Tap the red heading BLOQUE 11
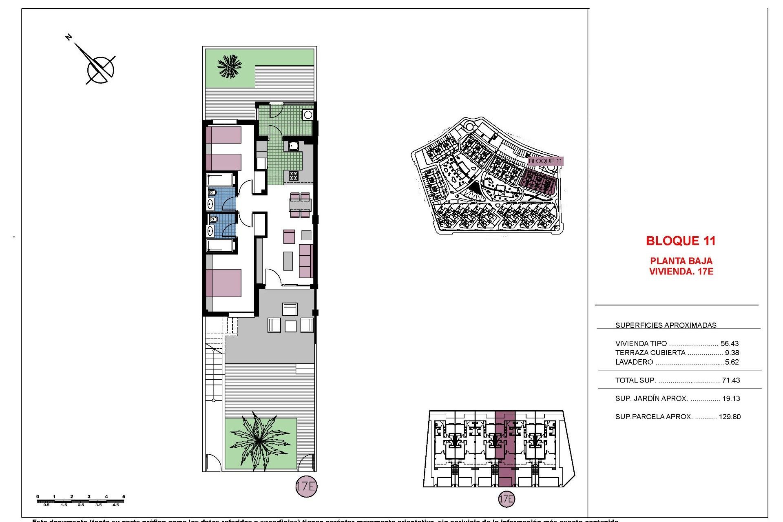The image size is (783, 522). pyautogui.click(x=681, y=241)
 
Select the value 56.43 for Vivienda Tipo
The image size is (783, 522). pyautogui.click(x=730, y=343)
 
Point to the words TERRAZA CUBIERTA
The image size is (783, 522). pyautogui.click(x=650, y=353)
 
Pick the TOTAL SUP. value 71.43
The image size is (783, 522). pyautogui.click(x=731, y=380)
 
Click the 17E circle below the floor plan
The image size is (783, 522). pyautogui.click(x=306, y=486)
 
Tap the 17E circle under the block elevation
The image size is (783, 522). pyautogui.click(x=506, y=499)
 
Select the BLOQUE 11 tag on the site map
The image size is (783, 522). pyautogui.click(x=545, y=161)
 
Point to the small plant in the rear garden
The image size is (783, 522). pyautogui.click(x=230, y=66)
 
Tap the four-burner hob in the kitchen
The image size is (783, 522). pyautogui.click(x=293, y=176)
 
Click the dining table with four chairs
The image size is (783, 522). pyautogui.click(x=300, y=205)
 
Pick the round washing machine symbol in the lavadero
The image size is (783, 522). pyautogui.click(x=308, y=115)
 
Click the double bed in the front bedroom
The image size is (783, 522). pyautogui.click(x=223, y=283)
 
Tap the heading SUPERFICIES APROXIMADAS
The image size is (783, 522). pyautogui.click(x=666, y=325)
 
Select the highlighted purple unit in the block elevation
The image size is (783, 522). pyautogui.click(x=505, y=449)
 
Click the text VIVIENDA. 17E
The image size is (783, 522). pyautogui.click(x=681, y=272)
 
